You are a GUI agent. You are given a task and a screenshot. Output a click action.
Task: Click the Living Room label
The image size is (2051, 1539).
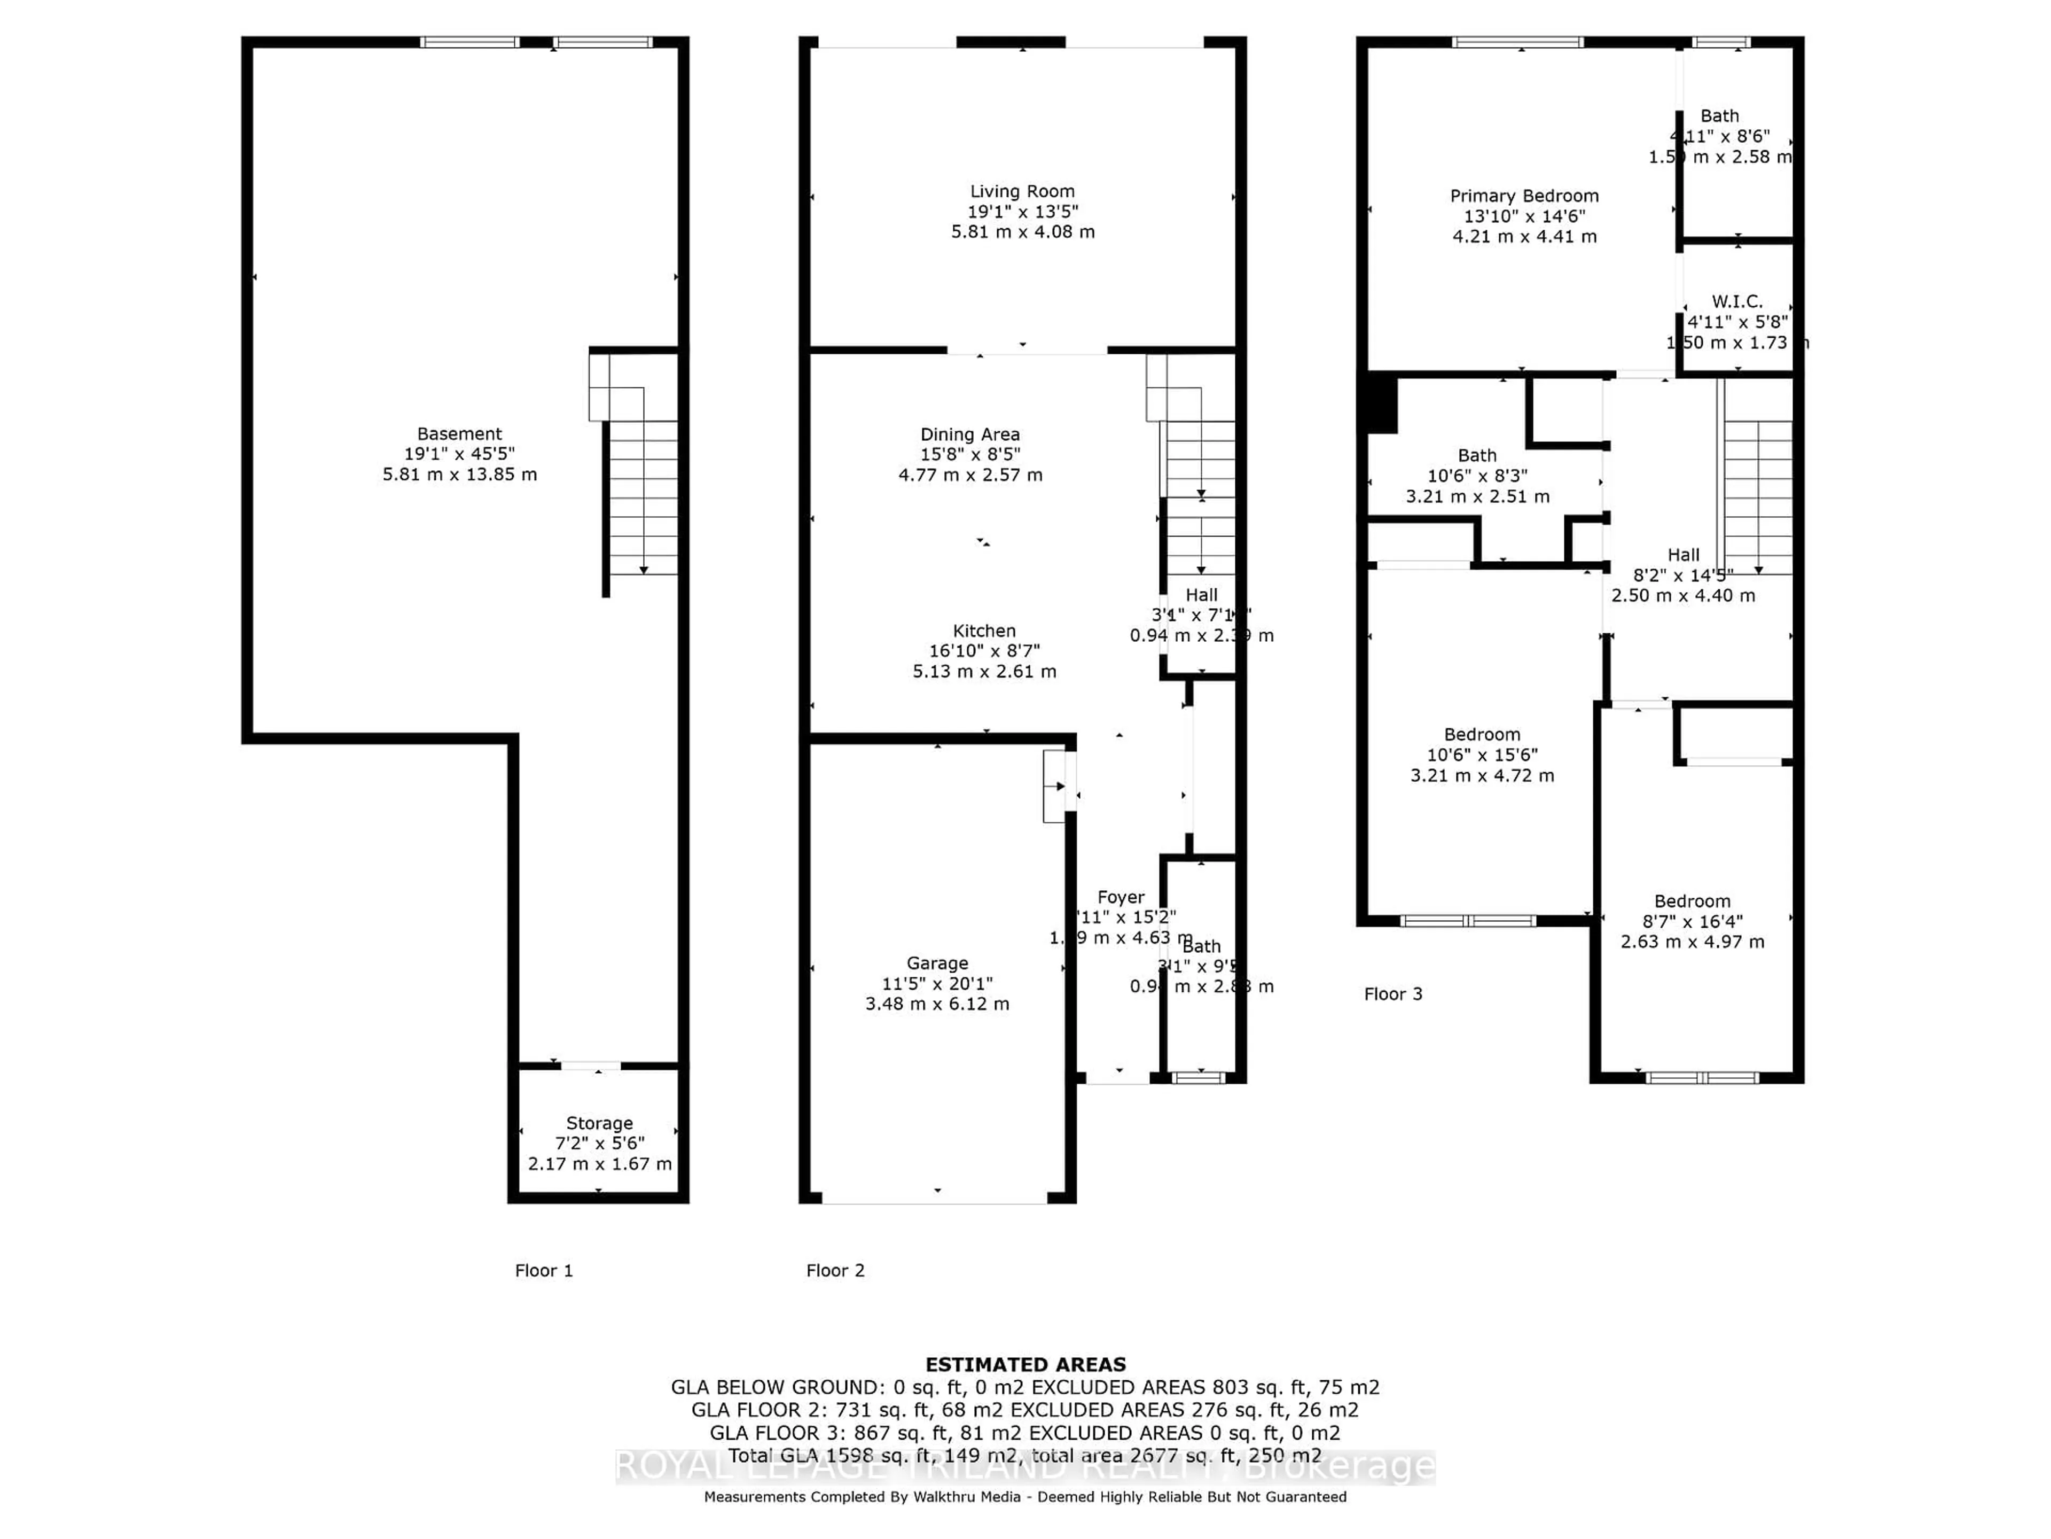point(1022,191)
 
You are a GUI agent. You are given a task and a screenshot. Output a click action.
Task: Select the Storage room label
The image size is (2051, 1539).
point(599,1123)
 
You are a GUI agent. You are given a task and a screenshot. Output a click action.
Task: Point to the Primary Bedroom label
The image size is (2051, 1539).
point(1523,196)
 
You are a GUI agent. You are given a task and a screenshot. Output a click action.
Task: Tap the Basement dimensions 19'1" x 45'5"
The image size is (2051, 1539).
point(459,454)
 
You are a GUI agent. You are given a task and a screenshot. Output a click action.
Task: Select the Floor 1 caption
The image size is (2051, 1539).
point(543,1270)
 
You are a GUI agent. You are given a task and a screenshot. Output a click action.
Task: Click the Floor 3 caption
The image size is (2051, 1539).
point(1392,993)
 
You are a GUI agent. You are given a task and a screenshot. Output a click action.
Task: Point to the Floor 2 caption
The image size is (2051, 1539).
point(834,1270)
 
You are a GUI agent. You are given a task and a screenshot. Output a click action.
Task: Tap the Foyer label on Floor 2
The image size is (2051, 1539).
point(1120,897)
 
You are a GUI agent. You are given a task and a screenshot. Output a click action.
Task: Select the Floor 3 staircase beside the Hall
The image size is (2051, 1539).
point(1757,496)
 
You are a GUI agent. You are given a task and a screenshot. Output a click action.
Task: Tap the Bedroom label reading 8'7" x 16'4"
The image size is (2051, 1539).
point(1691,901)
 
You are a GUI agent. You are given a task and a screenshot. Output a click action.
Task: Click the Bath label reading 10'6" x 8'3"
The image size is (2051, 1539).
point(1476,455)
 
